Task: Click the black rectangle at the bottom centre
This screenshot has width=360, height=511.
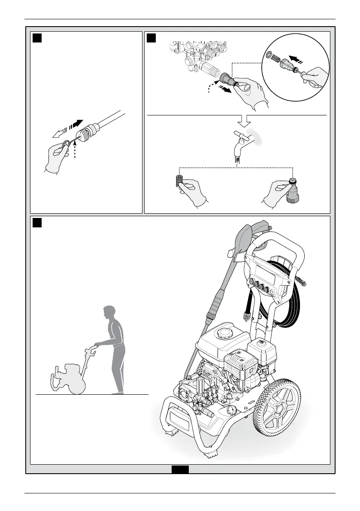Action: [x=180, y=470]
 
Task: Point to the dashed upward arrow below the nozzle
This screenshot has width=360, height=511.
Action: [x=75, y=150]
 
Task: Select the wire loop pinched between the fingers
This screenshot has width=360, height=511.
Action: [x=66, y=144]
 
